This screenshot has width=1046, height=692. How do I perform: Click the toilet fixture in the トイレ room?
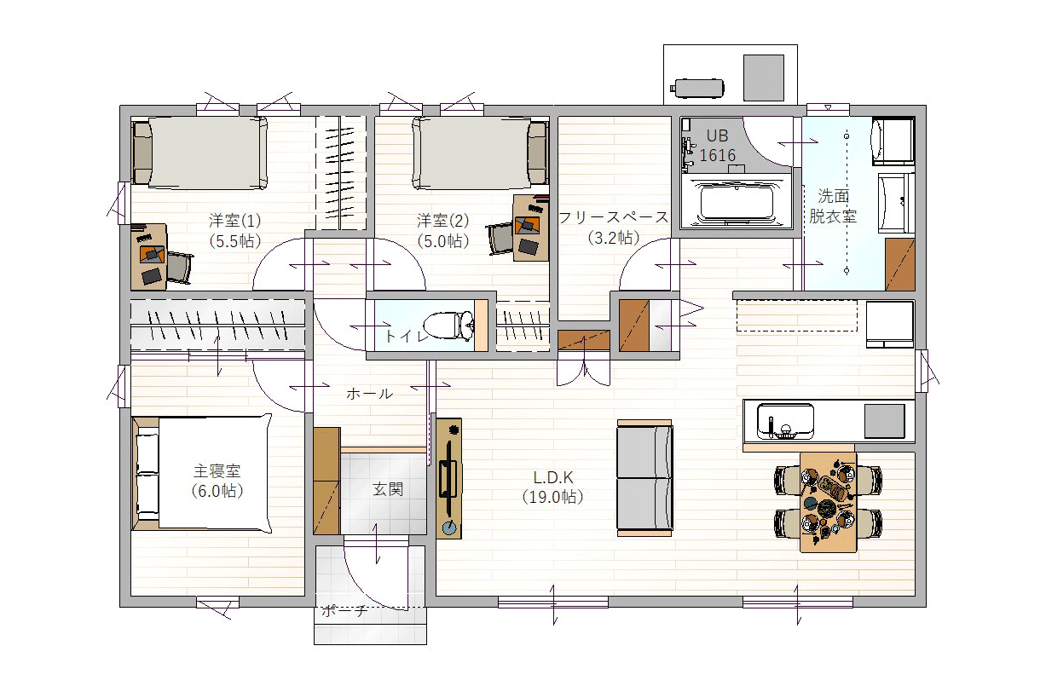click(448, 325)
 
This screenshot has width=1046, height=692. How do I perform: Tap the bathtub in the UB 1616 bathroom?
click(737, 202)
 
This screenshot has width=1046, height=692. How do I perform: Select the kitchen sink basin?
click(785, 421)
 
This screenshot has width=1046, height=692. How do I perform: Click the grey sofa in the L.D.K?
click(644, 478)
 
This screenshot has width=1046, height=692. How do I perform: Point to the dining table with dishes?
click(828, 502)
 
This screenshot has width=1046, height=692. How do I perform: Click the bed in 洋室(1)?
click(200, 153)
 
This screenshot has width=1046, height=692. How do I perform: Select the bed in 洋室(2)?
click(480, 153)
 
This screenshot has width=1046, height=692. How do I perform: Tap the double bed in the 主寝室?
click(202, 473)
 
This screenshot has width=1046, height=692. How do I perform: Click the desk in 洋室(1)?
click(149, 257)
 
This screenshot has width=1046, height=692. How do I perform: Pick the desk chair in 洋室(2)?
click(500, 239)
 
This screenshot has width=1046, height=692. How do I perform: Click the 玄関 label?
click(388, 489)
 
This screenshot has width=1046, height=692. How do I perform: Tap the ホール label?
click(369, 394)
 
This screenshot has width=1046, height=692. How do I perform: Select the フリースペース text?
click(614, 217)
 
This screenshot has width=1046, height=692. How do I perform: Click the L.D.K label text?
click(553, 477)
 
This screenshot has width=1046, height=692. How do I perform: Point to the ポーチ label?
click(344, 610)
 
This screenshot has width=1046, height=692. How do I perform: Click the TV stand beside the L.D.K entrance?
click(448, 479)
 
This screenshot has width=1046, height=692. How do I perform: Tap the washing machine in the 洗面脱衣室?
click(893, 141)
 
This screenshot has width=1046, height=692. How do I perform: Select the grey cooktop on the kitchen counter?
click(884, 421)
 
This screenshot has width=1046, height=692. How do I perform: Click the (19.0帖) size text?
click(553, 497)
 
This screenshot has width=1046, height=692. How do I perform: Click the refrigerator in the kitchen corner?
click(889, 325)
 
